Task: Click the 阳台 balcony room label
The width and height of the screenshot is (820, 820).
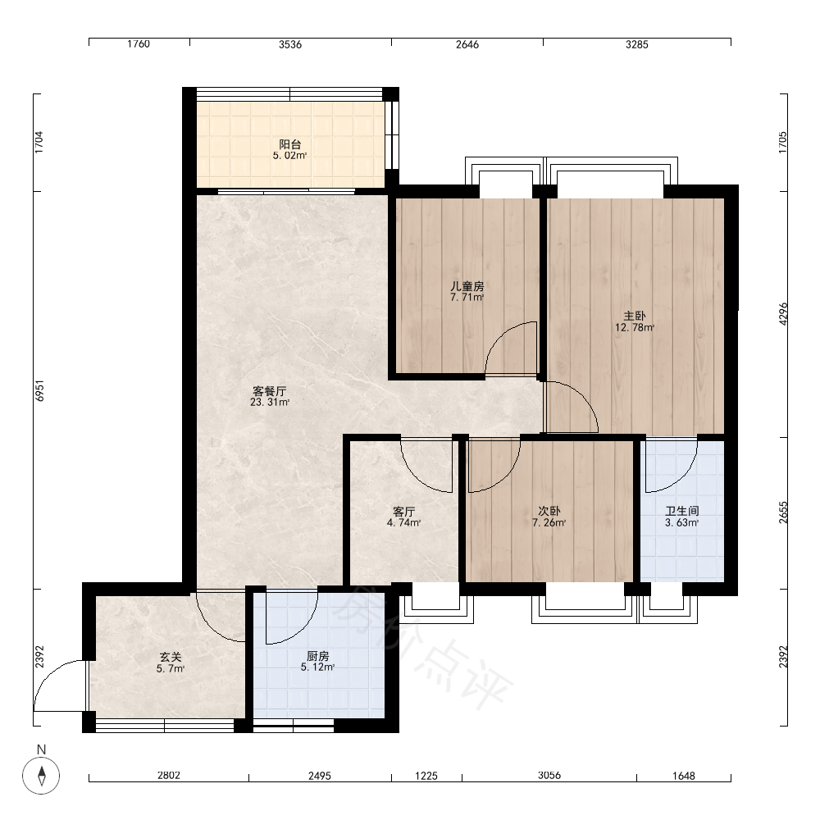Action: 289,143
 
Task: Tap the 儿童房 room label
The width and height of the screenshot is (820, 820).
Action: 467,286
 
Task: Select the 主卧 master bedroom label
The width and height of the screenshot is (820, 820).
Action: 635,316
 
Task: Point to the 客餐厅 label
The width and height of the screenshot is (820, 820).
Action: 269,391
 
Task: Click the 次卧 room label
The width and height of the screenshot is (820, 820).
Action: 549,511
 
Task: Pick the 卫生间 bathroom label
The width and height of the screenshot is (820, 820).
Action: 682,511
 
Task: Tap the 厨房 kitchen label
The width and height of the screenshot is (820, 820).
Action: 317,656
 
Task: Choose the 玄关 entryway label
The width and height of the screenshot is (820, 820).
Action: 171,657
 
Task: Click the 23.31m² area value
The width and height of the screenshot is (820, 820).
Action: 270,402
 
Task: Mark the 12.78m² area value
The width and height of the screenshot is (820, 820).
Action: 635,328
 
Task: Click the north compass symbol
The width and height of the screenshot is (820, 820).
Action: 41,775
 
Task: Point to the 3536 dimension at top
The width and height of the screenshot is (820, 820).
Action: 290,44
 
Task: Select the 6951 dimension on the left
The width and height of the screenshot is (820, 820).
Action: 39,390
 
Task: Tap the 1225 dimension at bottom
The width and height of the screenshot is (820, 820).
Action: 426,776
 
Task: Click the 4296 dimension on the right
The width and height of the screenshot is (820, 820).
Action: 783,314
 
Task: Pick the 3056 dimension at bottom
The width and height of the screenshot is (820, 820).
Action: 549,775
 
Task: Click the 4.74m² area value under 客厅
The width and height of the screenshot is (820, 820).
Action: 403,522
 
